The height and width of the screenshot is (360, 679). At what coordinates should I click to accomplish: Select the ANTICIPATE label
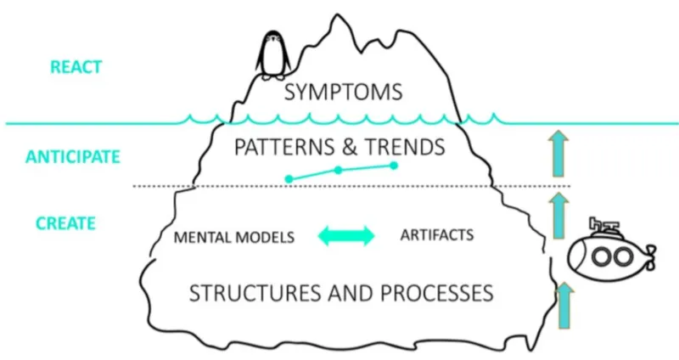coord(72,157)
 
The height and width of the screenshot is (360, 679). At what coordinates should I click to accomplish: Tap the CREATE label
coord(65,224)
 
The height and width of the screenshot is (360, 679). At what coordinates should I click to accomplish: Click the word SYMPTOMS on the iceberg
coord(343,91)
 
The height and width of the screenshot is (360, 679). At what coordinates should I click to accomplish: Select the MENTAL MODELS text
coord(233,237)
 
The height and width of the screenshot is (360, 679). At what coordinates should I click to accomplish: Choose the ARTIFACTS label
coord(436,233)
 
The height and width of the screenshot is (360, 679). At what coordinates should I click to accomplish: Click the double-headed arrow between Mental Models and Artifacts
coord(346,236)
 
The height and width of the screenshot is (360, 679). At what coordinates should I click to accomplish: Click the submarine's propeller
coord(652,253)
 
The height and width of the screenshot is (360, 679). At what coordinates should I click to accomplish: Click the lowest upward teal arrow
coord(558,306)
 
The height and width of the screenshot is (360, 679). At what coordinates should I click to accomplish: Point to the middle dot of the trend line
coord(338,171)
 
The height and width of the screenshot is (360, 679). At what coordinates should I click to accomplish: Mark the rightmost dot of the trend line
coord(394,165)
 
